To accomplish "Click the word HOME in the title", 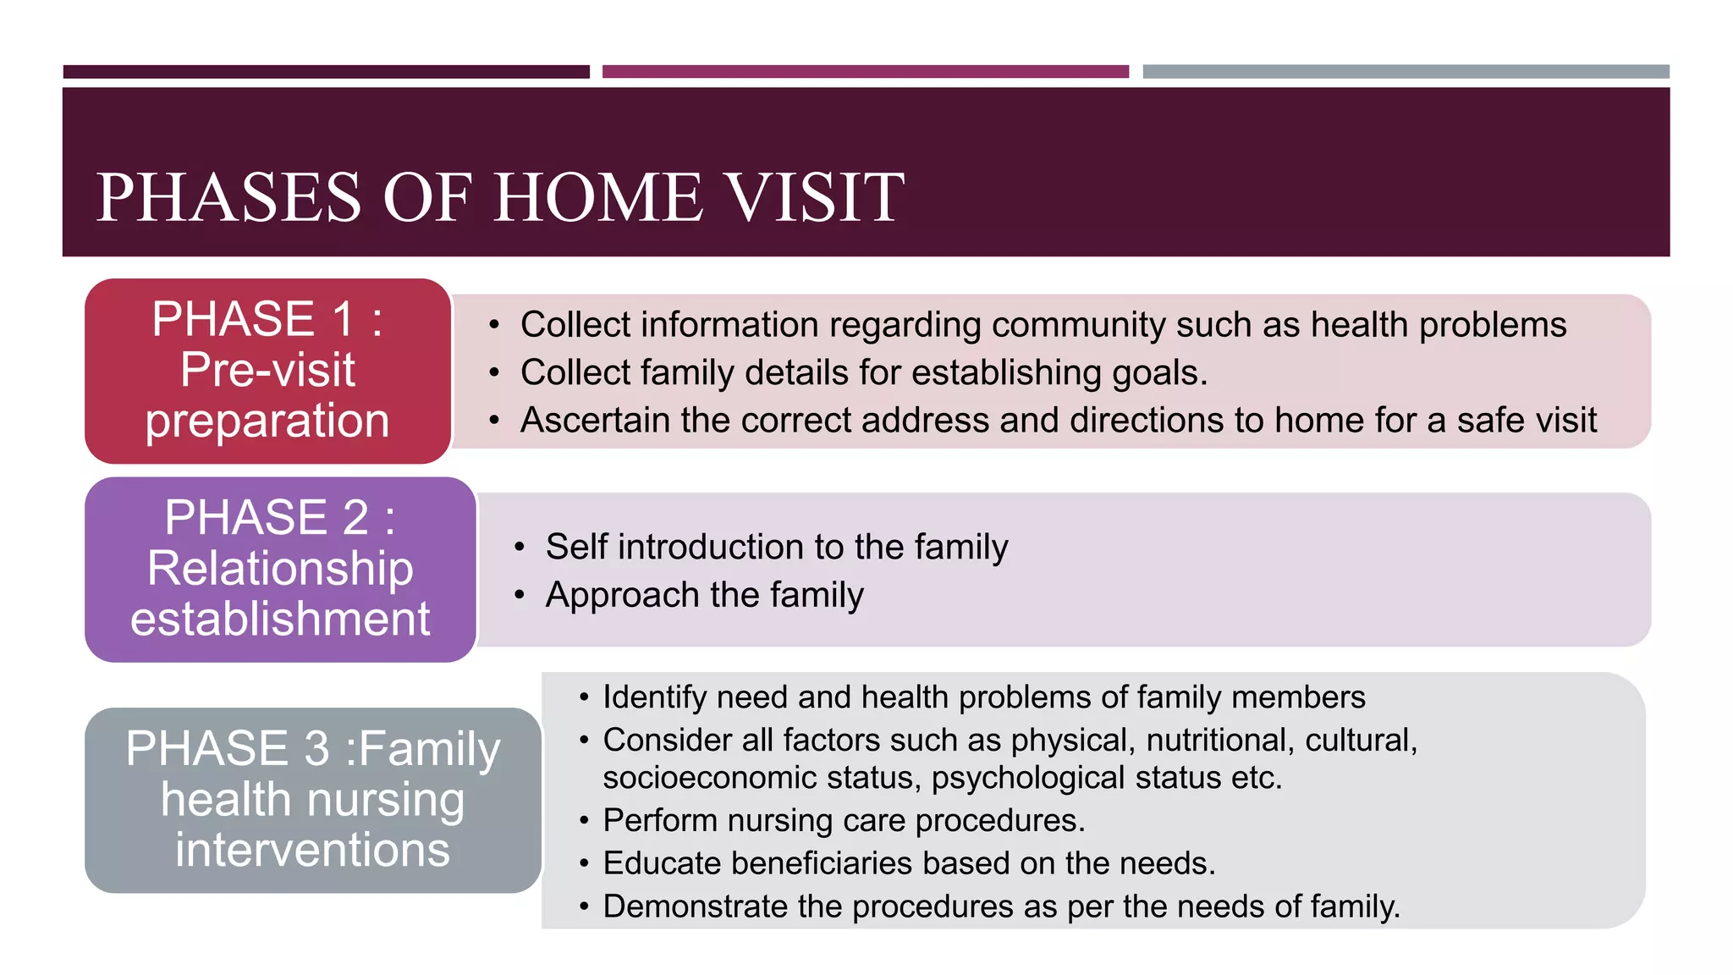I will click(x=598, y=198).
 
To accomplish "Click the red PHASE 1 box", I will click(x=267, y=371).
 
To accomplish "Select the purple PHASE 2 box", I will click(x=280, y=569).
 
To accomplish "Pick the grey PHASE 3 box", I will click(x=312, y=800).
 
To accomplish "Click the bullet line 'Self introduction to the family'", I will click(x=776, y=547).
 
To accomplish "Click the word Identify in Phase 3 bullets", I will click(x=654, y=697).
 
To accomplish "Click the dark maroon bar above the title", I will click(x=326, y=72).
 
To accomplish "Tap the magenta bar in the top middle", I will click(x=865, y=72).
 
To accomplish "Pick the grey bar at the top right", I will click(x=1406, y=72).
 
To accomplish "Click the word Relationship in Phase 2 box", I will click(x=280, y=568).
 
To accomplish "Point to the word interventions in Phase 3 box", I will click(x=312, y=850).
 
